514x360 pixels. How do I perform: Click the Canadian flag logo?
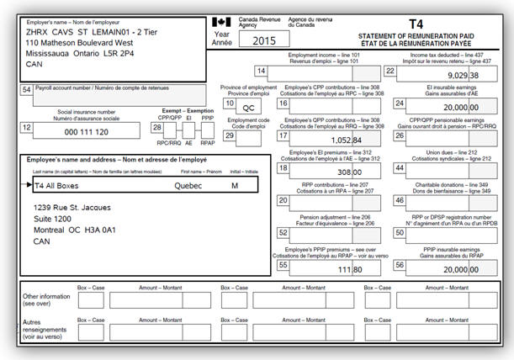[221, 22]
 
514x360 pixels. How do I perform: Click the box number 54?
[26, 89]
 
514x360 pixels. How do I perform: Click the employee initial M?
[235, 185]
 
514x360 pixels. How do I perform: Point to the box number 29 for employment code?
[230, 135]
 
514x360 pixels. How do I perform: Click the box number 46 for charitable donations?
[399, 201]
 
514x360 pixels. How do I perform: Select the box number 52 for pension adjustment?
[283, 233]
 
